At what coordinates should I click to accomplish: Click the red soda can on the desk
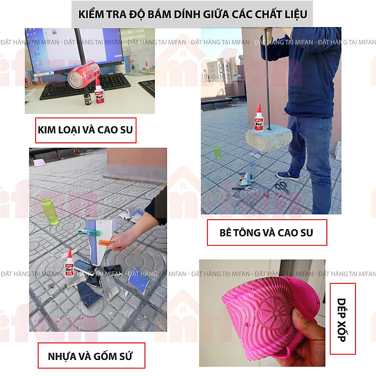(83, 75)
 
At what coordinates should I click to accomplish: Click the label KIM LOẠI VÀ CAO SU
(86, 130)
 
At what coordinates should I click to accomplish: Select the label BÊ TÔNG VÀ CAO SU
(267, 233)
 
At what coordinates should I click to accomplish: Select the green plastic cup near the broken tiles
(50, 211)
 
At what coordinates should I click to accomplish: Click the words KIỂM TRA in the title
(108, 14)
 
